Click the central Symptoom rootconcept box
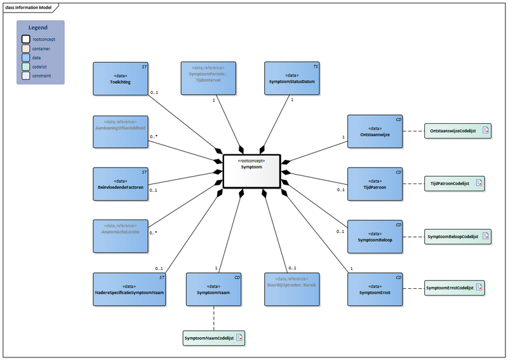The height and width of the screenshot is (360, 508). (251, 171)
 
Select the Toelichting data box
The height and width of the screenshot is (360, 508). (120, 78)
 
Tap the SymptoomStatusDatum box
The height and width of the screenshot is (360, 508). (291, 78)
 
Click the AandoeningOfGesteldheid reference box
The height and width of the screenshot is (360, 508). (120, 131)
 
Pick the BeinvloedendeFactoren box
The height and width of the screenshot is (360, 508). (120, 184)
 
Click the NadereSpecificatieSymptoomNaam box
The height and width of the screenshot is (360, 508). (130, 290)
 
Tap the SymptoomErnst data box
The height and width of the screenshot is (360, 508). (375, 290)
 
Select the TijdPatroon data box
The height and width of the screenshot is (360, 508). (375, 184)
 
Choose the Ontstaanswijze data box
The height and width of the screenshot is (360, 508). (375, 131)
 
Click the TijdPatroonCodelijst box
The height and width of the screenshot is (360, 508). (453, 183)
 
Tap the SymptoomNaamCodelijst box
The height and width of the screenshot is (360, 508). (213, 338)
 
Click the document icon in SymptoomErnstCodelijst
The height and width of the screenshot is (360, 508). (479, 288)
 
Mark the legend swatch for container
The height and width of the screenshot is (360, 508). (25, 48)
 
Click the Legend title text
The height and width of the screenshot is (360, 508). (38, 28)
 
